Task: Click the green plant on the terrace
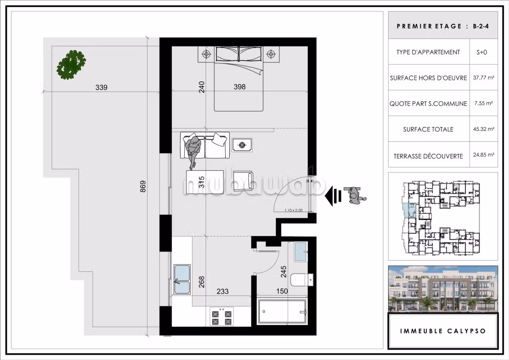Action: pos(72,65)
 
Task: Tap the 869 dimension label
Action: pos(143,186)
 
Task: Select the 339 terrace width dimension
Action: pos(101,87)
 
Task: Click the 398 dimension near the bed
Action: pos(240,87)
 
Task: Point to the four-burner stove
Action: pos(222,317)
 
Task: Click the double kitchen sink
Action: pos(182,279)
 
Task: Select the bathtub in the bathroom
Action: pos(282,312)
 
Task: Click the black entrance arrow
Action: pos(334,196)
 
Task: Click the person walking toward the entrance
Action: pos(355,195)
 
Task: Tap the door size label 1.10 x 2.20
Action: pos(293,210)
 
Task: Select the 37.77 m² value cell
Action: pos(484,78)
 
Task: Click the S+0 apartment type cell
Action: pos(482,52)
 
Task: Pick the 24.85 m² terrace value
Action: pos(484,155)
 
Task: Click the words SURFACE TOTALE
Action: pos(428,129)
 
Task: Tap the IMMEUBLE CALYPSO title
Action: pos(443,331)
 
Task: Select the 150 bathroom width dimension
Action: pos(282,291)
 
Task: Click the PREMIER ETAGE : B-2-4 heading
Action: pos(443,26)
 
